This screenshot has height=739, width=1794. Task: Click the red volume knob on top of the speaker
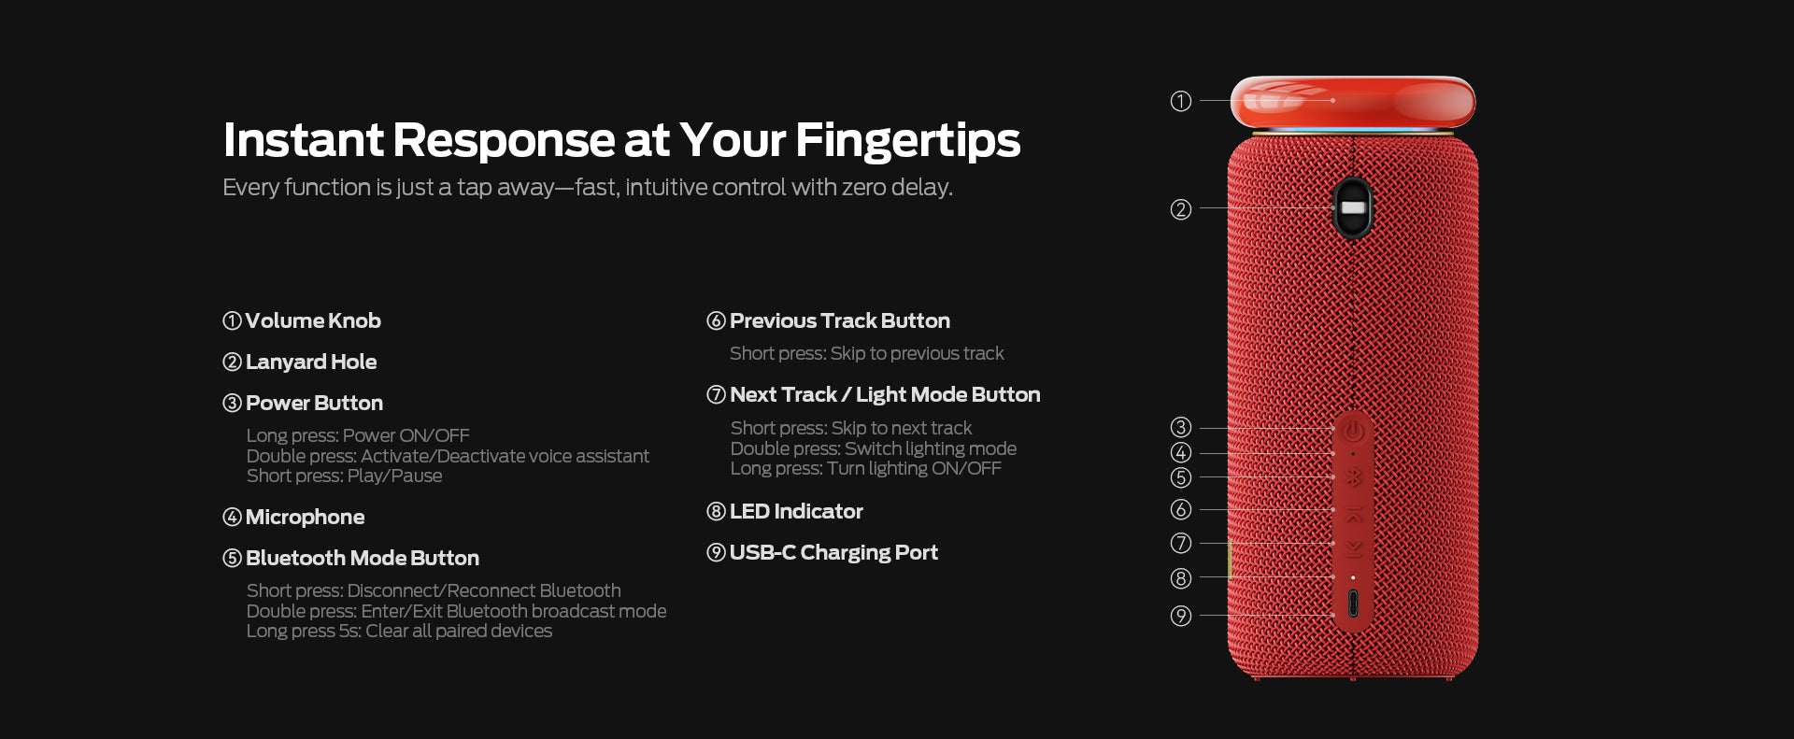(1352, 102)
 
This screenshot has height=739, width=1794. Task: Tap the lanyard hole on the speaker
(1352, 207)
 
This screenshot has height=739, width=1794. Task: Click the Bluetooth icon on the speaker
(1353, 477)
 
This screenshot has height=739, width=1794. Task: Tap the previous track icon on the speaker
(1353, 514)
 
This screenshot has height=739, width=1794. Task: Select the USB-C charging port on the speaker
(1353, 604)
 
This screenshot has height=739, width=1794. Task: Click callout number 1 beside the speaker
(1181, 101)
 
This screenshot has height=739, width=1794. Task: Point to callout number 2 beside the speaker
(1181, 209)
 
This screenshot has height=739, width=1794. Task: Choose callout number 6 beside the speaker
(1181, 509)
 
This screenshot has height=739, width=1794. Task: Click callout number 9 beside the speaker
(1181, 616)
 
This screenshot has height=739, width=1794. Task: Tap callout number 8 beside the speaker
(1181, 578)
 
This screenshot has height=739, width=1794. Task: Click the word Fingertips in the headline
(907, 141)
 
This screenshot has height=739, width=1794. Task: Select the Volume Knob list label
(313, 320)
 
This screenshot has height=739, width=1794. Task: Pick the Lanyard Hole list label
(311, 362)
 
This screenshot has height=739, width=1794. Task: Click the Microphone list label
(305, 517)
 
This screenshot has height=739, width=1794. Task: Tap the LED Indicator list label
(796, 511)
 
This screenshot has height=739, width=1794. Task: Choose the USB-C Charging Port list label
(833, 552)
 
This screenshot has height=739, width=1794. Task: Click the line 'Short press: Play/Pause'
(344, 476)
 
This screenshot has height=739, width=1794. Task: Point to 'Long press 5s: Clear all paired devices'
(399, 631)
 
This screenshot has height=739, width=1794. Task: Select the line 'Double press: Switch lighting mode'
(873, 448)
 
